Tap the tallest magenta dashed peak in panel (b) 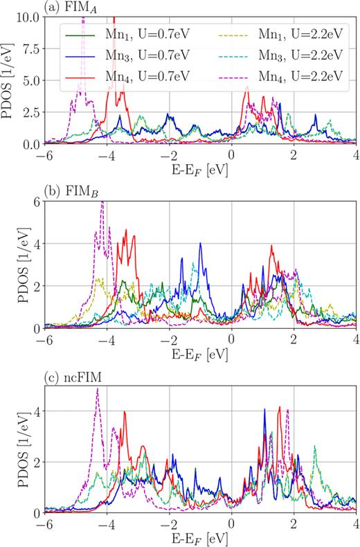click(x=102, y=201)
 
